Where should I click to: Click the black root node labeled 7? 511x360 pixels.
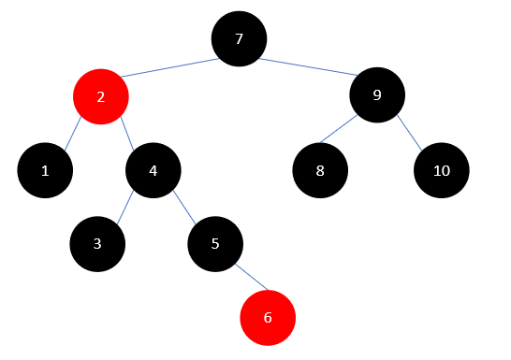tap(239, 39)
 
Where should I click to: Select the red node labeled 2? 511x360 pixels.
tap(100, 96)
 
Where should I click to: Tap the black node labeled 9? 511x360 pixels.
tap(377, 94)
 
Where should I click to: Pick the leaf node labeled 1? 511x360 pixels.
tap(45, 171)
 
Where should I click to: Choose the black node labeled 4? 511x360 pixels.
tap(153, 171)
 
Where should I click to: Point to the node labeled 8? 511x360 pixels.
tap(320, 171)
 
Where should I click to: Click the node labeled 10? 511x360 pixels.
tap(441, 171)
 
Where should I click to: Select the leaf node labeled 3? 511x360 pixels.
tap(97, 245)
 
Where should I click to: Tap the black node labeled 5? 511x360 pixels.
tap(215, 245)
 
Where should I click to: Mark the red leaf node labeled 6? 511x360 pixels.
tap(268, 318)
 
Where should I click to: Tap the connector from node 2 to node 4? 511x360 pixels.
tap(127, 135)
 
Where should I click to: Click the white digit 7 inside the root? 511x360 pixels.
tap(239, 39)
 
